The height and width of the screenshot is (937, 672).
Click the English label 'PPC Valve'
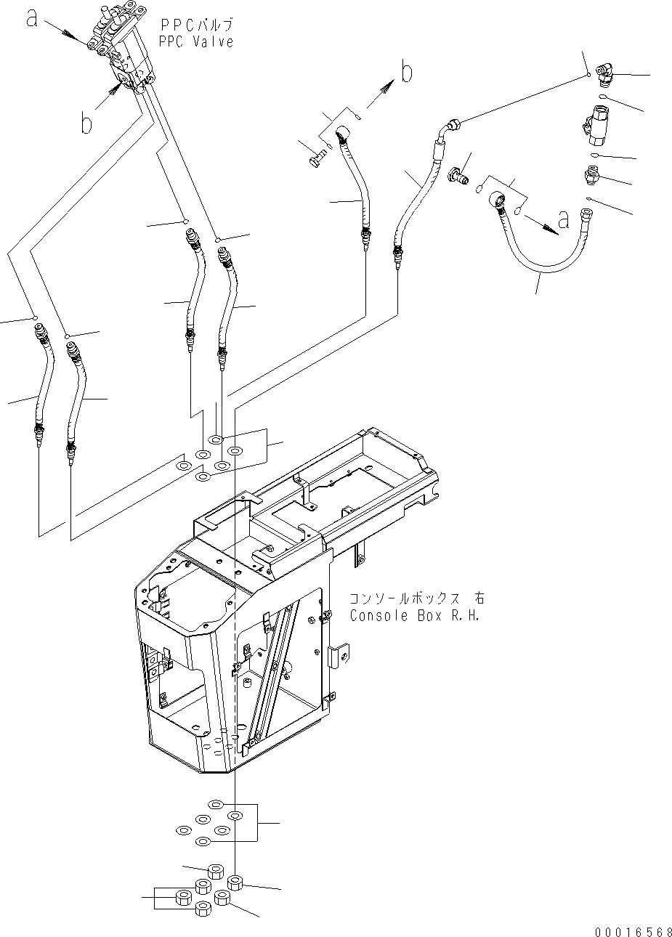[196, 42]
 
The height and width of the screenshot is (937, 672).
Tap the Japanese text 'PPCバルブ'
[196, 26]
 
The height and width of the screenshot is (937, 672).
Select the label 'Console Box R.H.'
[416, 616]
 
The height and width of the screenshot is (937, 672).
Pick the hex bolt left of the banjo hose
[317, 158]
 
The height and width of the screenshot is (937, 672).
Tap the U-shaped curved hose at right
[552, 247]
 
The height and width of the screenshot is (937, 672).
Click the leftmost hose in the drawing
[41, 385]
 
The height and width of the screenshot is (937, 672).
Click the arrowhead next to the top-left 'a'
[71, 33]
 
